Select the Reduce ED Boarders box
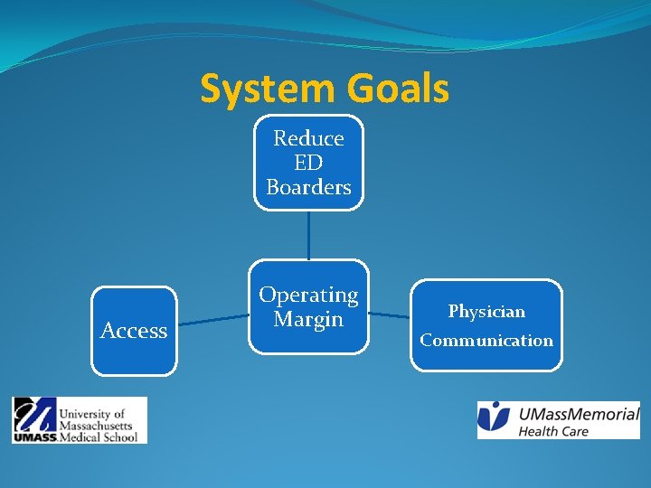coord(308,163)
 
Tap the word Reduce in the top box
coord(308,138)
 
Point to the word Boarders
coord(308,187)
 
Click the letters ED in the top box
coord(308,163)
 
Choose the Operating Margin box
coord(308,307)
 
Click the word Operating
coord(308,295)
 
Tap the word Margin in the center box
coord(308,319)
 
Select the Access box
coord(134,331)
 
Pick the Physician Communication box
coord(486,325)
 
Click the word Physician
coord(486,312)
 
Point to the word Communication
coord(486,341)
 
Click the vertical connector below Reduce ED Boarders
coord(308,235)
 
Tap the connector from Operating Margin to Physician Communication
coord(390,315)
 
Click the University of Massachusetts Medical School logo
coord(80,420)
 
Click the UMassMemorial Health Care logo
coord(558,420)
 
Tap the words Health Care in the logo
coord(552,431)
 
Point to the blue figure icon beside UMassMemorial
coord(495,418)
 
